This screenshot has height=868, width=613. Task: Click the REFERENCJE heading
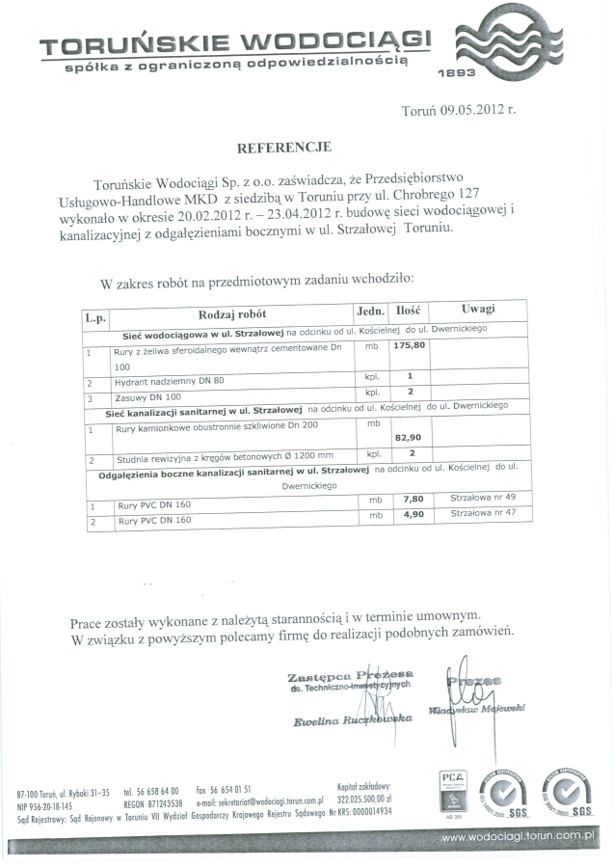[x=284, y=148]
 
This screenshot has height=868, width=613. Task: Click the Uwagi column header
[x=478, y=309]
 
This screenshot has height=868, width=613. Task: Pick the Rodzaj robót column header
[x=232, y=313]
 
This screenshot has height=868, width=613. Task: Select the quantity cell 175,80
[x=410, y=345]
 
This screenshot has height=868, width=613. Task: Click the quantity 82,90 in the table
[x=410, y=438]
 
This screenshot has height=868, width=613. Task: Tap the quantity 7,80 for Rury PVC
[x=413, y=499]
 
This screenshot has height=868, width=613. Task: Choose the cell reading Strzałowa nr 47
[x=483, y=514]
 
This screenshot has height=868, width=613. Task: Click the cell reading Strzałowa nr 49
[x=483, y=498]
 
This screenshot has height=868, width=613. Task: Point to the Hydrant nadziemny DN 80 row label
[x=170, y=381]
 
